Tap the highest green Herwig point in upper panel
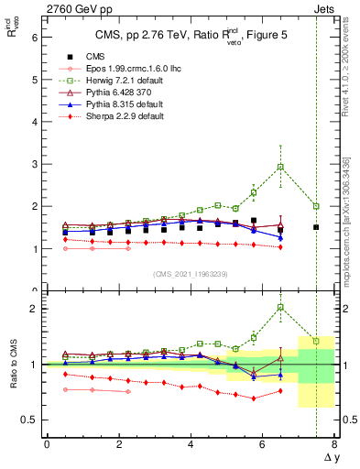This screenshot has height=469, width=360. tap(280, 167)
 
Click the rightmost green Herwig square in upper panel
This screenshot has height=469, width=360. tap(316, 206)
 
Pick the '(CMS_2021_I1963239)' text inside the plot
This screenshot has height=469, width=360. tap(191, 274)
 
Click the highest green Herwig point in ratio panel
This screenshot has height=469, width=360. tap(280, 308)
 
